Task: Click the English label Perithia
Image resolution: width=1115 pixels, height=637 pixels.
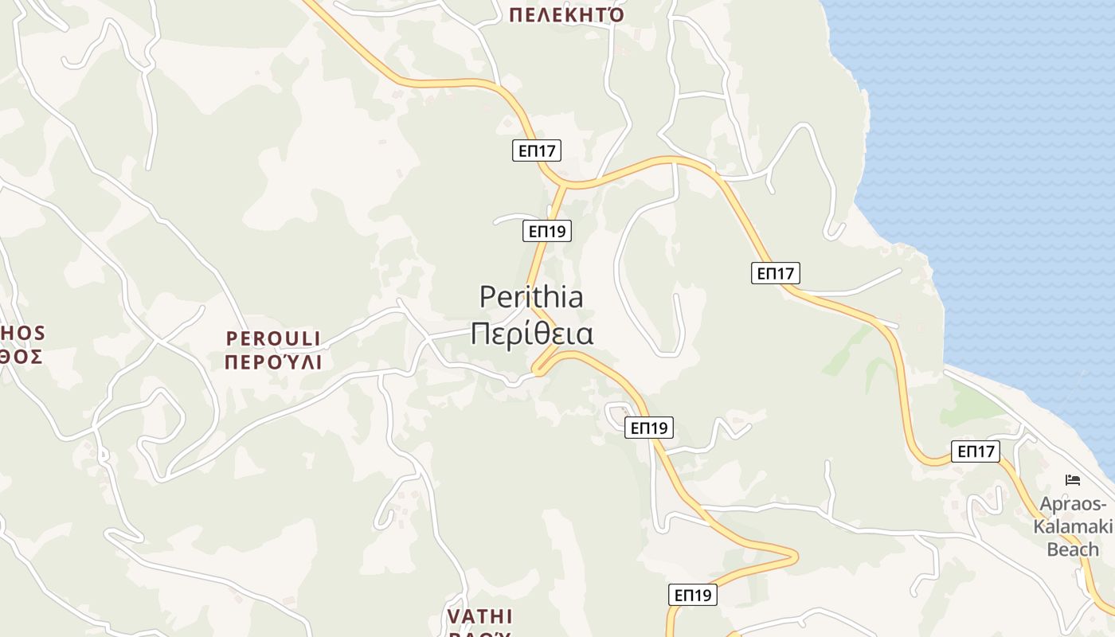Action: [531, 297]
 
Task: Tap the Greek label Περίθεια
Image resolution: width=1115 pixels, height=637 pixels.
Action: [531, 334]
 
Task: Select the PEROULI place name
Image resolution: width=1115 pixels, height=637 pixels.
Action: [273, 338]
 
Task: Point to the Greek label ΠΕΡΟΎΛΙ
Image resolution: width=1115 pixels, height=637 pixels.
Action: [273, 362]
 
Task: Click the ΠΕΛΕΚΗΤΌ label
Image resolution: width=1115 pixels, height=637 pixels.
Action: [566, 14]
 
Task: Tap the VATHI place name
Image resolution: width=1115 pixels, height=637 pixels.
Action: [479, 616]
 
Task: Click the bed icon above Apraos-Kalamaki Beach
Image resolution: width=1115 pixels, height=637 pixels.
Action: [1073, 479]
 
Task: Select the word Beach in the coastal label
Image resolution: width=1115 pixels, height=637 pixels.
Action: [1073, 549]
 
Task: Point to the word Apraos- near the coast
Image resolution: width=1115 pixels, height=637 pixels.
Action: [1074, 504]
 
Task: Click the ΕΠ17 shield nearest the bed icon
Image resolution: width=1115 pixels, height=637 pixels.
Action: [976, 451]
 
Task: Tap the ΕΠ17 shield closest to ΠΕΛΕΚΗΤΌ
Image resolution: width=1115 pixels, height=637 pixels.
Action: [537, 150]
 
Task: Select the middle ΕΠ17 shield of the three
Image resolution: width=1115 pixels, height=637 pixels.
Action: [775, 273]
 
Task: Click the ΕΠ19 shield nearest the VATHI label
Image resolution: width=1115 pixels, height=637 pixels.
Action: [692, 595]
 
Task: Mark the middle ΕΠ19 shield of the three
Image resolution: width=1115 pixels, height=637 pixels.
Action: [649, 428]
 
